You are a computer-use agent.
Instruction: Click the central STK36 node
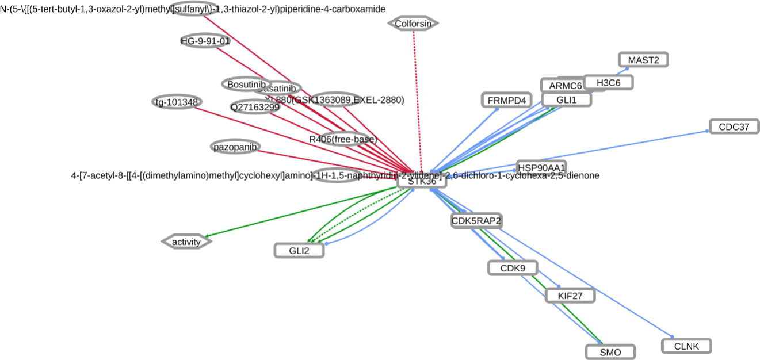(422, 181)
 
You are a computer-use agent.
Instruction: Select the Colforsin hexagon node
(413, 24)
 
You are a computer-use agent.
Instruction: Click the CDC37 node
(734, 127)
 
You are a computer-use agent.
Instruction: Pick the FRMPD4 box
(506, 100)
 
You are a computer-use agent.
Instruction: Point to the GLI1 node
(566, 99)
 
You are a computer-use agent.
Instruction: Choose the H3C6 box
(608, 82)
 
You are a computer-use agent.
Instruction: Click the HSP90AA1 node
(541, 167)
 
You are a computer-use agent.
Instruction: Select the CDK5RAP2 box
(476, 220)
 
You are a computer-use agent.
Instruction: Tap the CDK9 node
(513, 267)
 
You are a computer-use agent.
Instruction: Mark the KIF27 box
(570, 296)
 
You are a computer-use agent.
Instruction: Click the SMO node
(610, 352)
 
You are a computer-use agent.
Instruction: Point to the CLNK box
(686, 346)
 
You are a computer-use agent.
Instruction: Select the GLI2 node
(299, 250)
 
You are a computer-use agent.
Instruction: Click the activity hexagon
(186, 242)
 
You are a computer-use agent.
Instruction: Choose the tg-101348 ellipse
(177, 102)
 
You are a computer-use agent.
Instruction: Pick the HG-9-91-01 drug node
(205, 41)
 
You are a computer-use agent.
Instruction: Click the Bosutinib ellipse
(246, 84)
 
